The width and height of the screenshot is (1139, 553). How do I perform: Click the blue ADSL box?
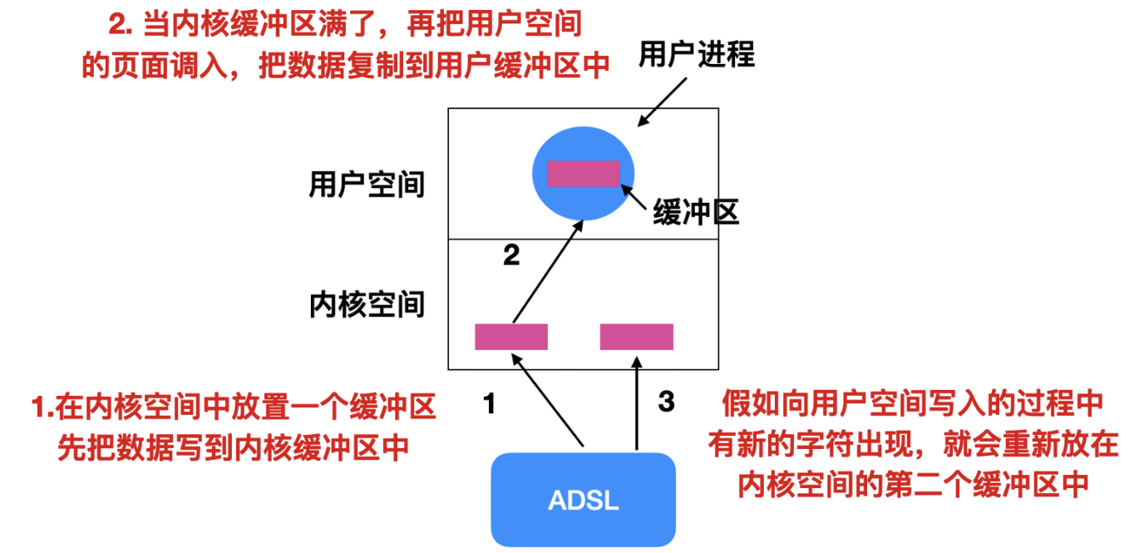(x=583, y=499)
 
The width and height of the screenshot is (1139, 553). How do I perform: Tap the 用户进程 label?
(x=697, y=54)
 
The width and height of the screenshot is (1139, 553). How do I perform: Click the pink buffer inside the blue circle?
(x=584, y=173)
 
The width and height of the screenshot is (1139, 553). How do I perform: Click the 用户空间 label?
(x=367, y=184)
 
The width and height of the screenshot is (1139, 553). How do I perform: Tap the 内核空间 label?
(x=367, y=304)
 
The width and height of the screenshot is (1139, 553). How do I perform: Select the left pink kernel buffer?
(x=511, y=336)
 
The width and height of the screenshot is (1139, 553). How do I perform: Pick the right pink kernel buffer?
(x=637, y=336)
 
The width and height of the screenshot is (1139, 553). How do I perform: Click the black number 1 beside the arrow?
(x=490, y=404)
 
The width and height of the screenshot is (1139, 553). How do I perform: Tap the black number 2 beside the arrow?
(x=511, y=255)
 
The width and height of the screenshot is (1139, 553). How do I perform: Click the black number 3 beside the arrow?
(x=666, y=402)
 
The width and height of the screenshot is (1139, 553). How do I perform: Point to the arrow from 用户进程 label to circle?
(x=663, y=101)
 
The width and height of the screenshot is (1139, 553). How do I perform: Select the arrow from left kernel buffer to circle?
(x=546, y=271)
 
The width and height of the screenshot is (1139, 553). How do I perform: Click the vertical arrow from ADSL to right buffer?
(x=637, y=403)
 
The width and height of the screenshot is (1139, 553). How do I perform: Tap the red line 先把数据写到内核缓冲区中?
(x=234, y=448)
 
